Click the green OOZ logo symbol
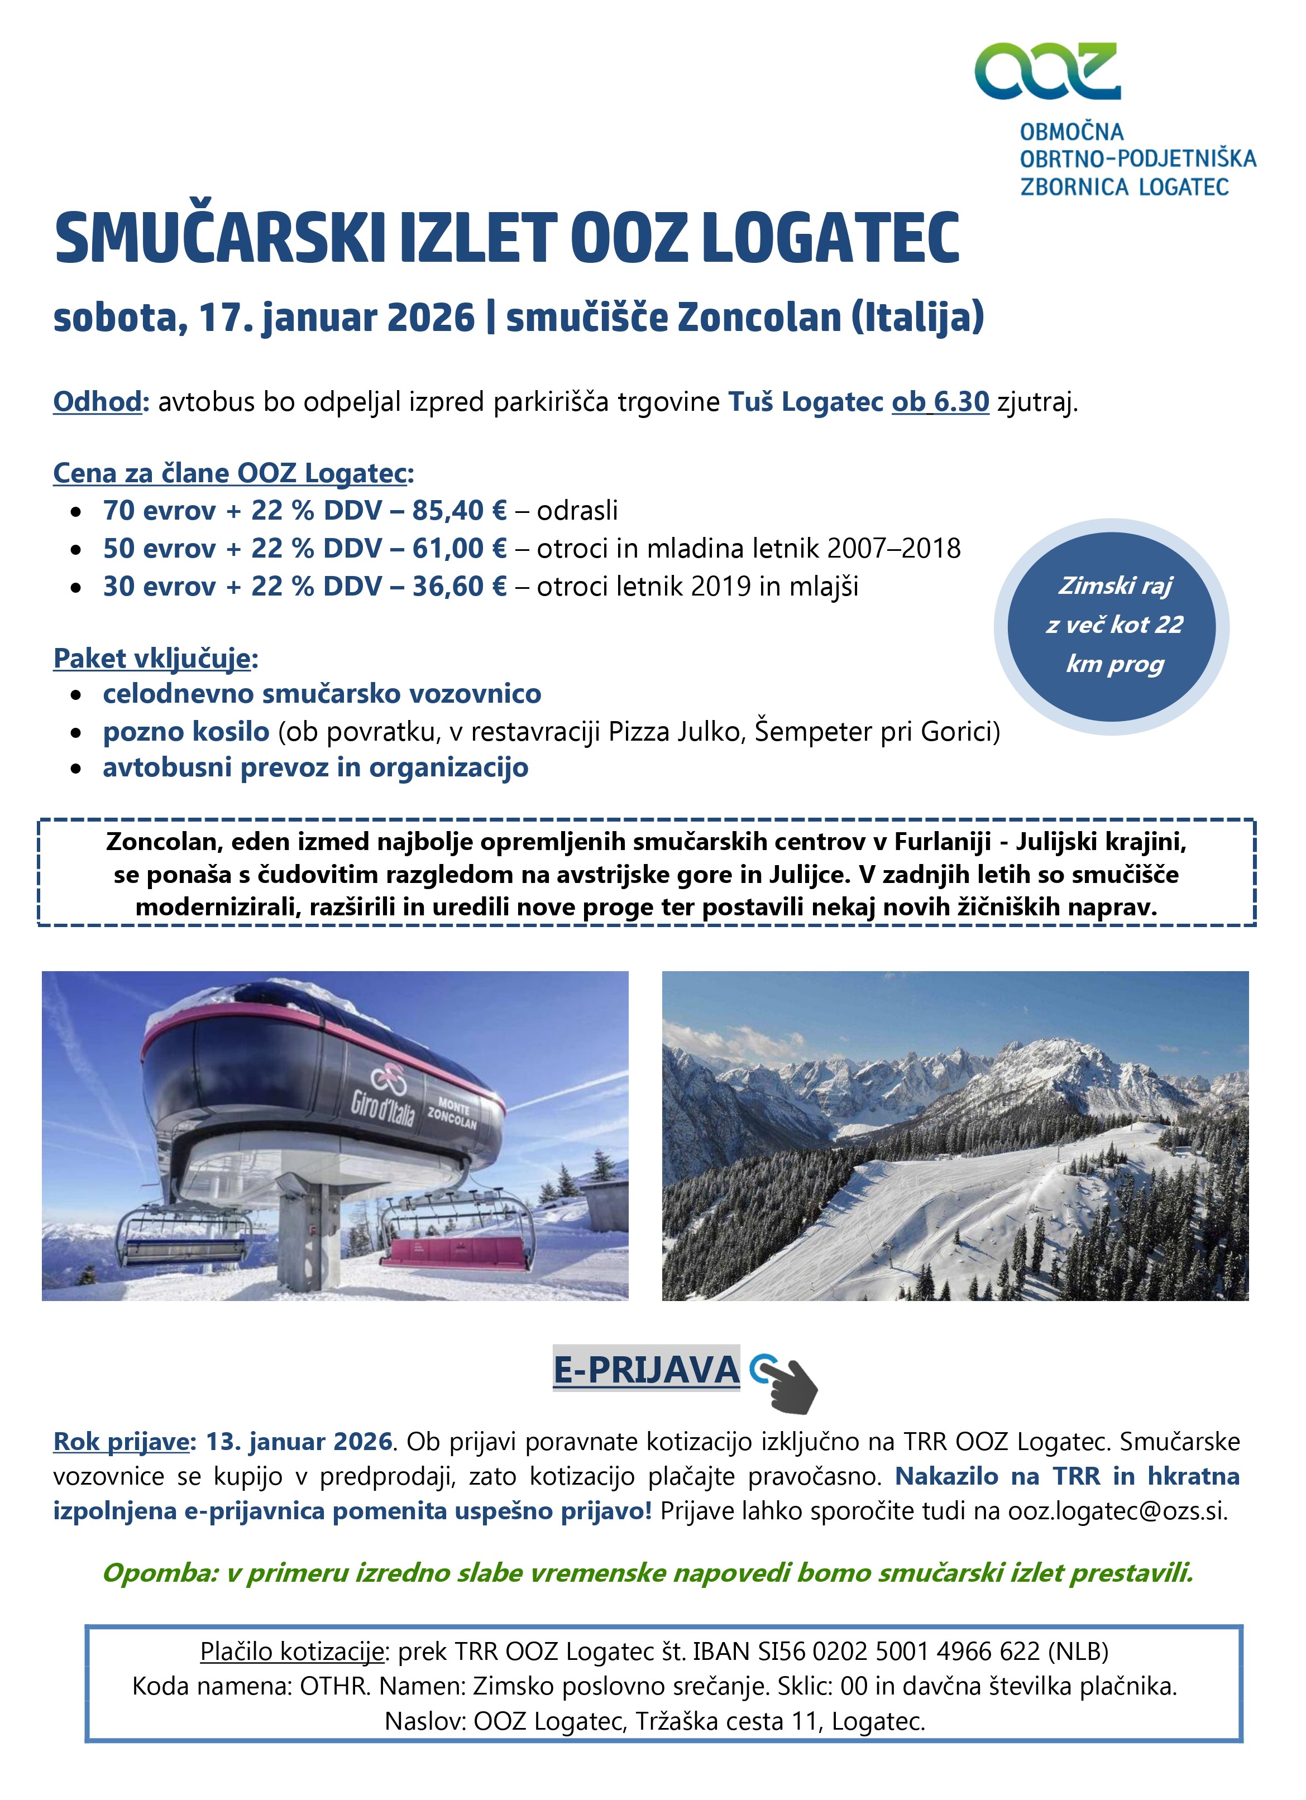[1047, 71]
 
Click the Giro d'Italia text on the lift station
[384, 1106]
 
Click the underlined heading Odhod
[97, 402]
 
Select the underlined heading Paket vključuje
[152, 658]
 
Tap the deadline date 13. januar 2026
[299, 1441]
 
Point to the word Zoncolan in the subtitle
[758, 318]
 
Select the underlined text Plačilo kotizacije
[292, 1652]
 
